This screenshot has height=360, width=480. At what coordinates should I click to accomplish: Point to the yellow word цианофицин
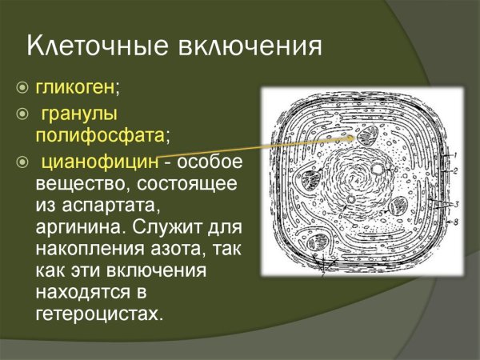pyautogui.click(x=97, y=163)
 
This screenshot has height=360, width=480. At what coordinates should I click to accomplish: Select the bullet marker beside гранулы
pyautogui.click(x=22, y=111)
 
